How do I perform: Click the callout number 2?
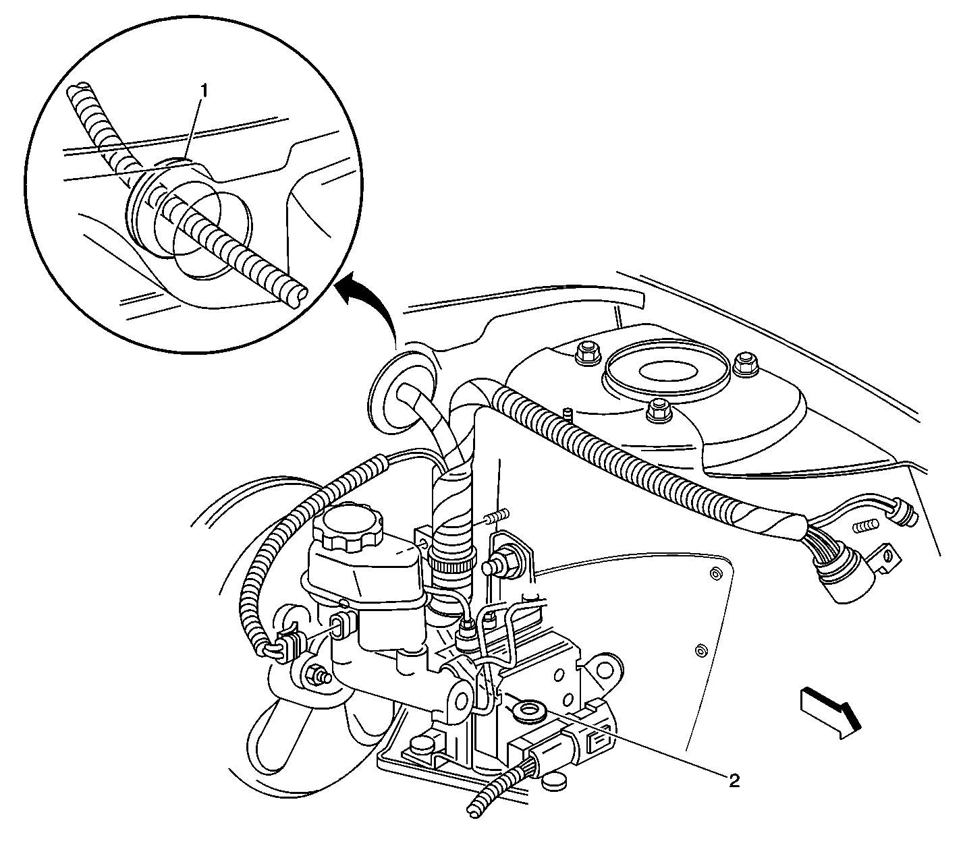pyautogui.click(x=734, y=780)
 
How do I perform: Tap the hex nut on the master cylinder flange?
pyautogui.click(x=316, y=674)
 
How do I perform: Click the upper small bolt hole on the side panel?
pyautogui.click(x=714, y=573)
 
